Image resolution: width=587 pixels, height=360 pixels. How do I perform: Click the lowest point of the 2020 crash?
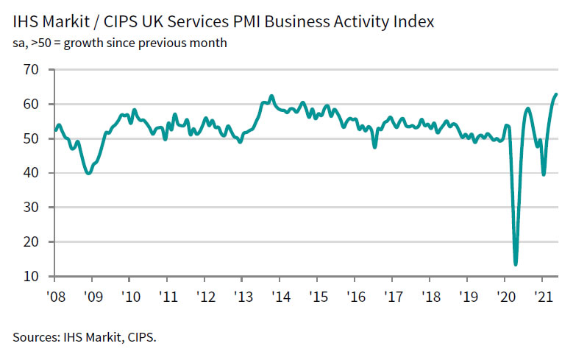[516, 264]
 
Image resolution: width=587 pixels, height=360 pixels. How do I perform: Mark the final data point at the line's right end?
[556, 94]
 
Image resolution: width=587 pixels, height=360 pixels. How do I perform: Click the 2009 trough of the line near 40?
[88, 173]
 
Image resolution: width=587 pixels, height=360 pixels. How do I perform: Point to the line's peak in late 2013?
[271, 96]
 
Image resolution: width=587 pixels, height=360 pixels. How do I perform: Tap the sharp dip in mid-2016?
[374, 147]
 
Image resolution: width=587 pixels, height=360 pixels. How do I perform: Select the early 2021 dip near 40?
[544, 174]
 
